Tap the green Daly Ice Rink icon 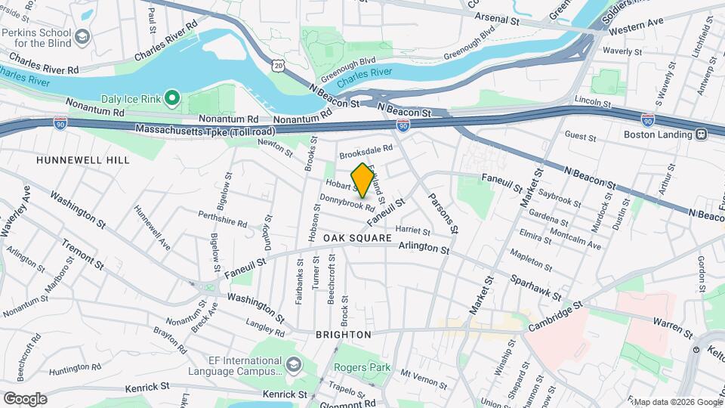click(x=171, y=98)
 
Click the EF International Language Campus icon click(x=292, y=366)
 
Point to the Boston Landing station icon click(x=701, y=134)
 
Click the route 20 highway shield click(x=279, y=66)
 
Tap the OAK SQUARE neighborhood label click(x=358, y=238)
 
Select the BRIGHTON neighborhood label click(x=343, y=334)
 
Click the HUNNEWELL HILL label click(x=83, y=160)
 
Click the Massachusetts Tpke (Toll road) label click(x=205, y=130)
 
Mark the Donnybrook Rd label click(x=347, y=202)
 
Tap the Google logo click(x=25, y=399)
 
